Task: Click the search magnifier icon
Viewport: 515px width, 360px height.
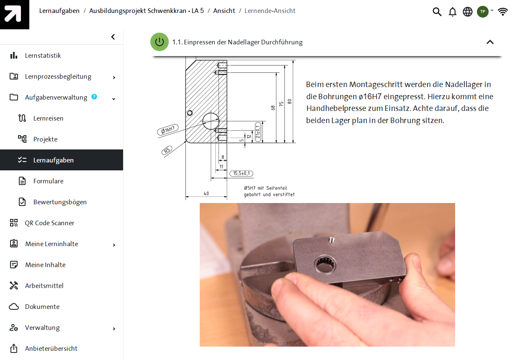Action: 437,11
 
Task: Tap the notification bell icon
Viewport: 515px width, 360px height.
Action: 453,12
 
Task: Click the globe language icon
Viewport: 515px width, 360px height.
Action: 467,12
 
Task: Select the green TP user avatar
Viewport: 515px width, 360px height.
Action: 483,11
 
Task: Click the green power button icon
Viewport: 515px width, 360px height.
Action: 160,42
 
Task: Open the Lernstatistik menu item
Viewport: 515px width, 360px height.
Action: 43,55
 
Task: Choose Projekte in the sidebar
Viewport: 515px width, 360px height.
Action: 45,139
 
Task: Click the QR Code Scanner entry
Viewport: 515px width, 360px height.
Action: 49,223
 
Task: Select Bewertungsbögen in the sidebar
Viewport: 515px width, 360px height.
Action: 60,202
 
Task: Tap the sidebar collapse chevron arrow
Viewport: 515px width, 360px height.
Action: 113,37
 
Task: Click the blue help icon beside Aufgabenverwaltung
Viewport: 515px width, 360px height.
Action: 94,97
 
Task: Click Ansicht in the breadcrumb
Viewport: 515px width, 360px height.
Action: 224,11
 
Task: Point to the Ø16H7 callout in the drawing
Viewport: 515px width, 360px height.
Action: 168,130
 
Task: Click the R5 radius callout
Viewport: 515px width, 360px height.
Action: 167,150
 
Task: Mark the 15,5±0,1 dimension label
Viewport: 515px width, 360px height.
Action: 242,173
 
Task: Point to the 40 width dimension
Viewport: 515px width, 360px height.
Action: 206,193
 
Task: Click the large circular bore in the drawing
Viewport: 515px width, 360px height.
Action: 211,121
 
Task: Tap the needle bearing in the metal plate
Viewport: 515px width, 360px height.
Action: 325,265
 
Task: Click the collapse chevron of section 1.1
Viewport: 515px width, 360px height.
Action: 490,42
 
